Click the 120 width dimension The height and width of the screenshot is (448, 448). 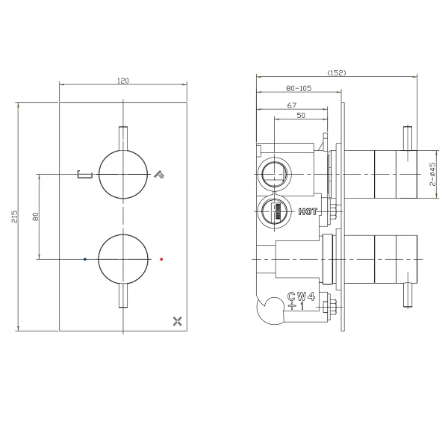[123, 81]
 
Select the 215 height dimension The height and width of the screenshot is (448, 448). [15, 217]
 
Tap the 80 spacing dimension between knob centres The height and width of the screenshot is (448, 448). [35, 217]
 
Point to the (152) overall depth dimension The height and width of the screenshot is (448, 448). [337, 72]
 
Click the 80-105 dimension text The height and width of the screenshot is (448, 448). [299, 88]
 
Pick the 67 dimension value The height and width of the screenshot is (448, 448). [292, 105]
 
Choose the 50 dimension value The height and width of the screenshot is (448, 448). [301, 115]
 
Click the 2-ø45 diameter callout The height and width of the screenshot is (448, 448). [433, 174]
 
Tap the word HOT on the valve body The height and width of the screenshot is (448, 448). [308, 212]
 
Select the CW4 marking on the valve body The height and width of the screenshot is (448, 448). [301, 296]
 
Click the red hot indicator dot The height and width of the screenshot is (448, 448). [161, 259]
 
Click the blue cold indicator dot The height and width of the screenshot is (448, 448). [85, 259]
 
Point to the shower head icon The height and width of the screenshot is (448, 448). [159, 174]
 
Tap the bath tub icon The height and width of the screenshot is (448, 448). [84, 174]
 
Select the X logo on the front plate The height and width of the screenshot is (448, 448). [178, 321]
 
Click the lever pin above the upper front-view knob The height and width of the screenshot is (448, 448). [123, 138]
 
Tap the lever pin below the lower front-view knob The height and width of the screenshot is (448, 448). [123, 296]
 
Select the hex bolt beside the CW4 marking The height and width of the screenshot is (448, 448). [330, 307]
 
